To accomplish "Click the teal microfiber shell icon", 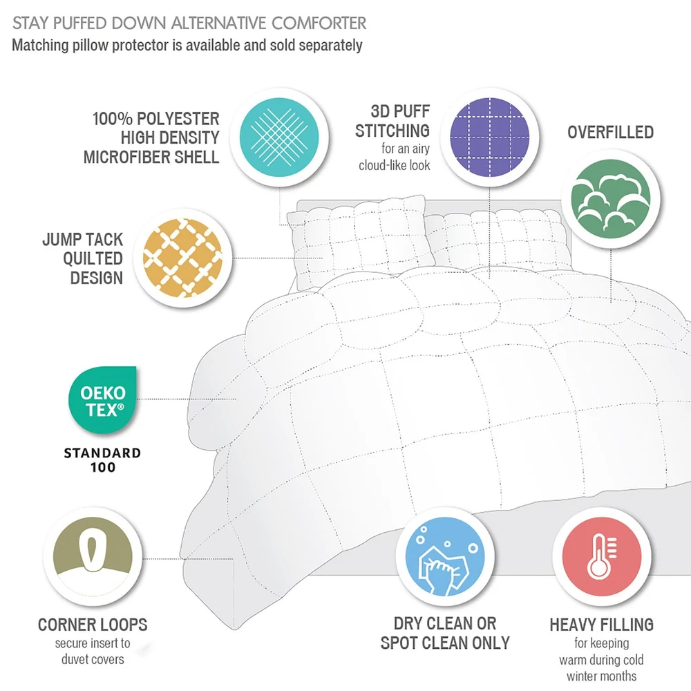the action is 279,137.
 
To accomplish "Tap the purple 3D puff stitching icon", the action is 490,137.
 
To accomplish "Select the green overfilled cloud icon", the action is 610,199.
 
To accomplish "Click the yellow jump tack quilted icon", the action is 183,258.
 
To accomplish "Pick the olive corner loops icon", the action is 93,556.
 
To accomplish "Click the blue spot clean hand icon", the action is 444,556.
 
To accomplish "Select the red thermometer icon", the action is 602,556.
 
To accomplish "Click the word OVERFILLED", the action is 610,132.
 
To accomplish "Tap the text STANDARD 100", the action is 103,460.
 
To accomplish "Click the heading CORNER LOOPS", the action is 93,625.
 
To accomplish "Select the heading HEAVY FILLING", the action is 602,625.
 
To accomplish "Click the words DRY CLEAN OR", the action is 445,623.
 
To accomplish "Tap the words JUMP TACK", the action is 82,239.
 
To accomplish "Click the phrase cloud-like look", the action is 394,165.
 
